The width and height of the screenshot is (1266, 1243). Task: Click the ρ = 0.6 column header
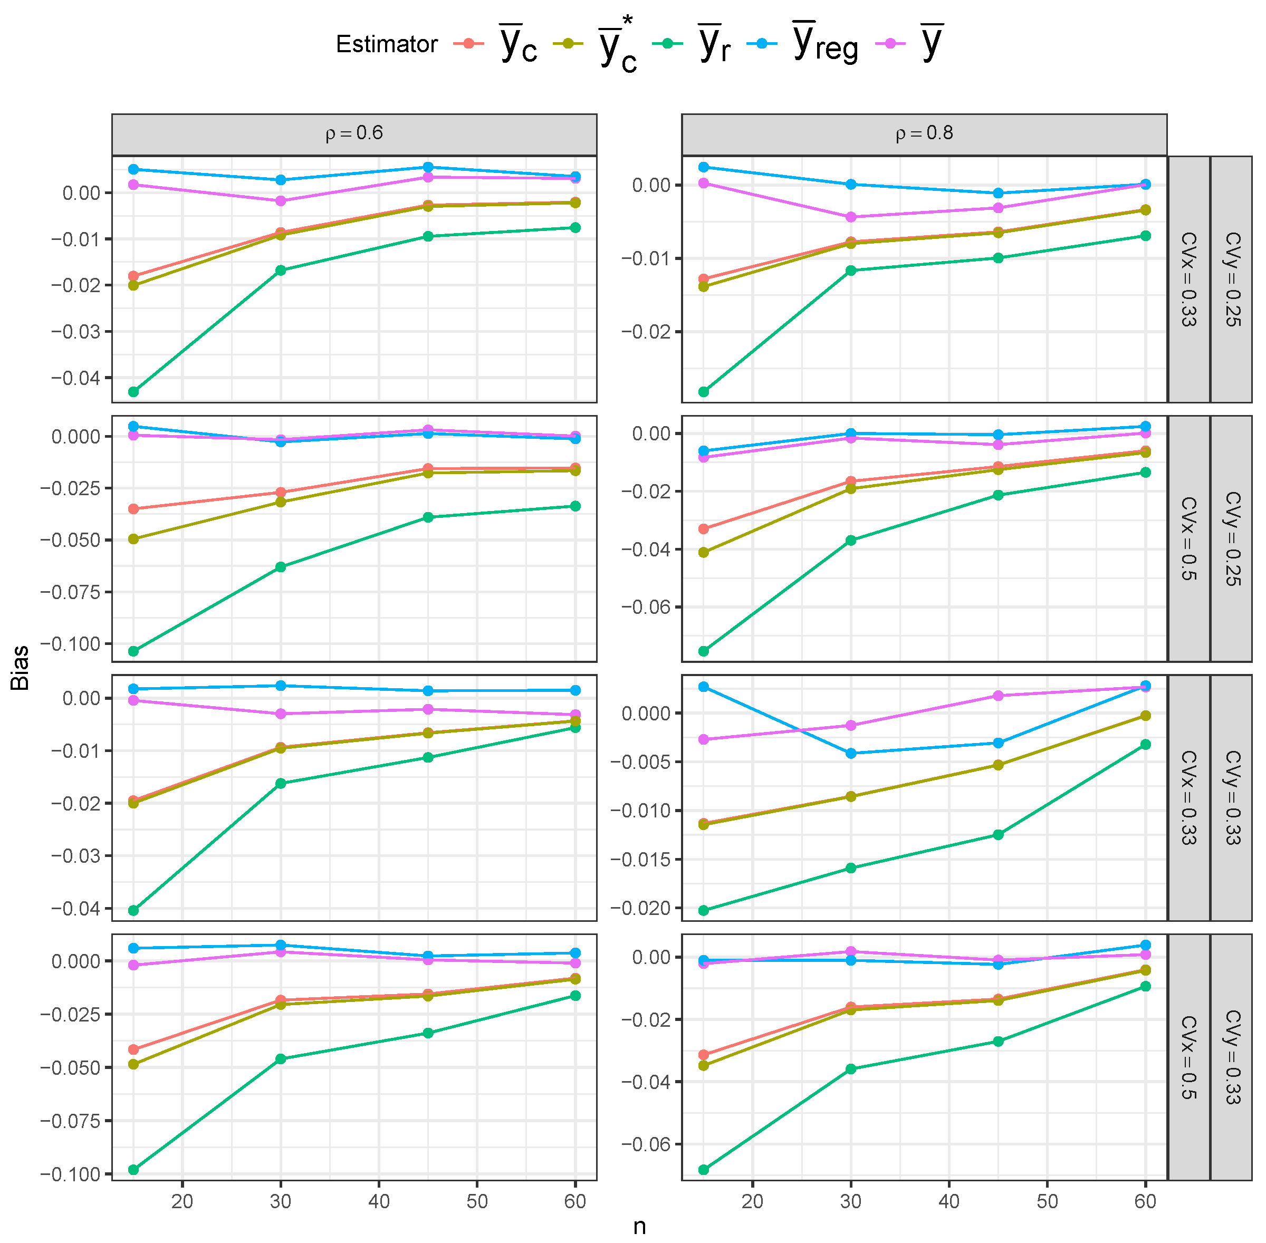tap(354, 134)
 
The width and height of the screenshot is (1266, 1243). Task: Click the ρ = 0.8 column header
tap(923, 134)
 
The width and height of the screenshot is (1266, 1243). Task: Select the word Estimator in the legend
tap(386, 44)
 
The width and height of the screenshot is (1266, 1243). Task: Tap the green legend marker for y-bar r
tap(667, 43)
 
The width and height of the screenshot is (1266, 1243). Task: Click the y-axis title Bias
tap(20, 667)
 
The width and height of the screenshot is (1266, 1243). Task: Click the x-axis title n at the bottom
tap(639, 1226)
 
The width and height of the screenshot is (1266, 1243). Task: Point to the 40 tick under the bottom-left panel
tap(379, 1201)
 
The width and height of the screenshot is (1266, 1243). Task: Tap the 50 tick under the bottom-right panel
tap(1047, 1201)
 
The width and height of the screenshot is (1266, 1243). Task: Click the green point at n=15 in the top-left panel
tap(133, 392)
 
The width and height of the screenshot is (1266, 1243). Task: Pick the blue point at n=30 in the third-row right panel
tap(851, 754)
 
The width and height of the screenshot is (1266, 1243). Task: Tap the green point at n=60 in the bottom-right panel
tap(1145, 986)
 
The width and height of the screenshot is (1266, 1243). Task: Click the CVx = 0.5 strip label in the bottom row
tap(1188, 1057)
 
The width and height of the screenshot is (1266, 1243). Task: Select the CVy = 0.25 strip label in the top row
tap(1231, 279)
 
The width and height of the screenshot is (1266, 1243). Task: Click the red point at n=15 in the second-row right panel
tap(703, 529)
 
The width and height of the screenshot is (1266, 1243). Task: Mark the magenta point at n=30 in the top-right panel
tap(851, 217)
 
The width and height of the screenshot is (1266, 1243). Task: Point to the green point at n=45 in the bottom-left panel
tap(428, 1033)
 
